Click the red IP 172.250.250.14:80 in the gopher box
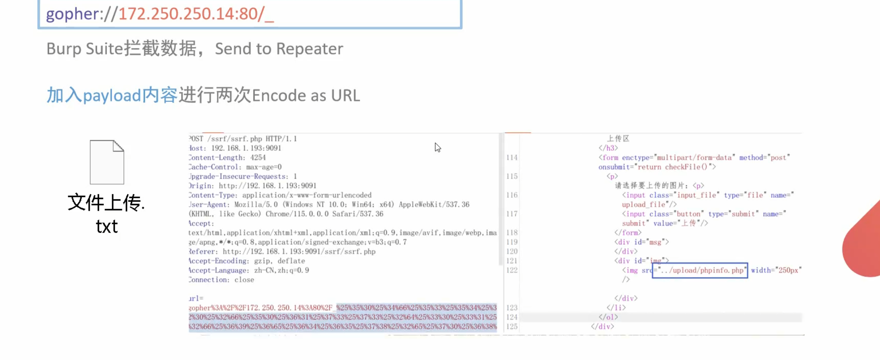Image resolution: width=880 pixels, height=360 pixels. (x=189, y=14)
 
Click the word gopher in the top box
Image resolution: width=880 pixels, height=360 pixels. (x=72, y=14)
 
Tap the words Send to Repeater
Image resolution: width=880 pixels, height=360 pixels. (x=279, y=49)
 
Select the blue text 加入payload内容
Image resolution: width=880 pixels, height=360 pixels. (x=112, y=95)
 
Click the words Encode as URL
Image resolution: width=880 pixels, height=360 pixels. (x=305, y=95)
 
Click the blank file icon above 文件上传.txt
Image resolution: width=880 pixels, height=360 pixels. (x=107, y=162)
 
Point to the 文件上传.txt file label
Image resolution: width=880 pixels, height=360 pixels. (x=106, y=213)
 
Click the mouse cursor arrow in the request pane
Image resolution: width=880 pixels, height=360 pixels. (x=438, y=147)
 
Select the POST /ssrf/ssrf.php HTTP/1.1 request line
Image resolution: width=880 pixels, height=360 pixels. (x=243, y=139)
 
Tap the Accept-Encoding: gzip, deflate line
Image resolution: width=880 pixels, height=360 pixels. (x=247, y=261)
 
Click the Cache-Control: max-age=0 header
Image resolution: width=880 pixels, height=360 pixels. (x=235, y=167)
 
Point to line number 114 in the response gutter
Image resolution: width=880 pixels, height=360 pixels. (x=512, y=158)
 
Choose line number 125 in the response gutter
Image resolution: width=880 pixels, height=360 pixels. (x=512, y=327)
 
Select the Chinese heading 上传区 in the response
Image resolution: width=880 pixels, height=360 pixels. (x=618, y=138)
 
